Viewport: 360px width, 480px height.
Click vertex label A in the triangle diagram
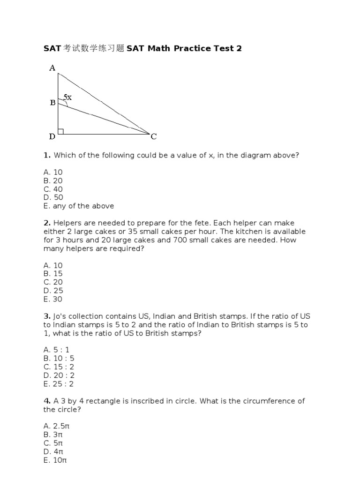(x=52, y=68)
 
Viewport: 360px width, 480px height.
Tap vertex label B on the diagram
(x=52, y=102)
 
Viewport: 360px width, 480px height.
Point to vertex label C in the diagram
(x=154, y=137)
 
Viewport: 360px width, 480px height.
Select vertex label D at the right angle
(x=52, y=137)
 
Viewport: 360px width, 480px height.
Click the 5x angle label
(x=68, y=97)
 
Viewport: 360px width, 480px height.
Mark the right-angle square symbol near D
(x=61, y=131)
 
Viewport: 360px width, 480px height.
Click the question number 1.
(x=46, y=155)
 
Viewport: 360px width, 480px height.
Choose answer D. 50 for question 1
(x=53, y=197)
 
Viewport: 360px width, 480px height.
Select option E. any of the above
(x=79, y=206)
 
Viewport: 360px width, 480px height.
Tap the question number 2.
(x=46, y=223)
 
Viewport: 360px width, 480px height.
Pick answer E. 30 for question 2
(x=53, y=299)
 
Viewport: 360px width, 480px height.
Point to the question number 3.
(x=46, y=316)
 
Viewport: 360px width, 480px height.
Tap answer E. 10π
(x=55, y=460)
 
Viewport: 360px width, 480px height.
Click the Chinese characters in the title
(x=93, y=49)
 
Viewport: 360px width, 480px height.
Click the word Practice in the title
(x=192, y=49)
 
